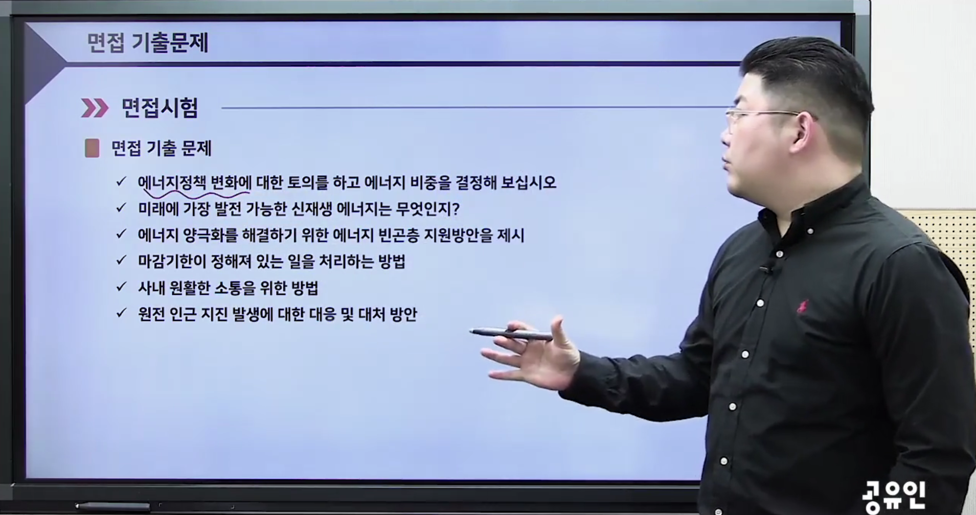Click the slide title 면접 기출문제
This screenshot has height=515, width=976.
pyautogui.click(x=148, y=43)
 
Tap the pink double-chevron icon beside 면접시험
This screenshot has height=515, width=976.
pyautogui.click(x=95, y=108)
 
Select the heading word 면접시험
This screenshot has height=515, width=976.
pyautogui.click(x=160, y=108)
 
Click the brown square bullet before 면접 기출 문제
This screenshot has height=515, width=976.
pyautogui.click(x=92, y=148)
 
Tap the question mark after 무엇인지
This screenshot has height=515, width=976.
pyautogui.click(x=456, y=209)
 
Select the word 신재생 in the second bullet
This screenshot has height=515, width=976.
pyautogui.click(x=311, y=209)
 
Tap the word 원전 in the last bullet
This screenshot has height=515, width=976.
pyautogui.click(x=151, y=314)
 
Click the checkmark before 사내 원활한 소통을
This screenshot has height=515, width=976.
pyautogui.click(x=121, y=287)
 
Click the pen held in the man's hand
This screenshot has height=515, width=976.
pyautogui.click(x=511, y=335)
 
